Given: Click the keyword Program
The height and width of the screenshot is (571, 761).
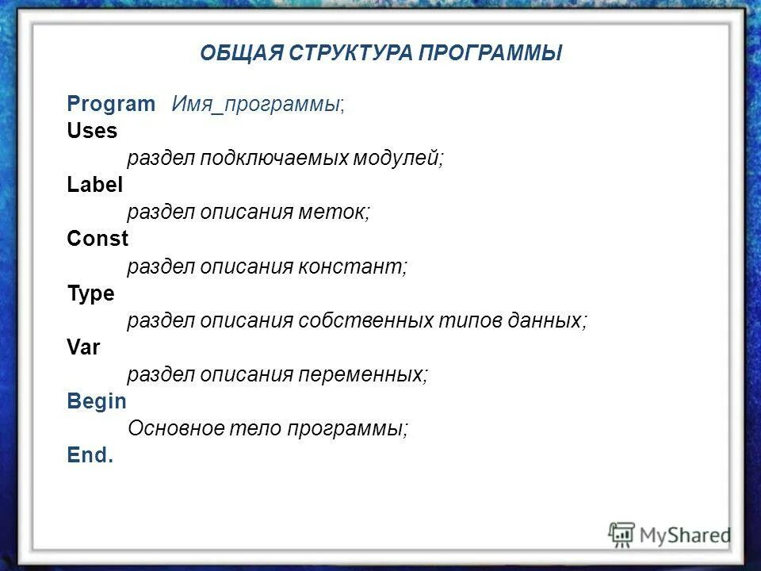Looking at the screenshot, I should pyautogui.click(x=112, y=104).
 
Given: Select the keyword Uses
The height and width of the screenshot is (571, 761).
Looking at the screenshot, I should pyautogui.click(x=92, y=131).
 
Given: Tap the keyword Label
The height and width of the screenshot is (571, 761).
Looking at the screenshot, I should pyautogui.click(x=95, y=185).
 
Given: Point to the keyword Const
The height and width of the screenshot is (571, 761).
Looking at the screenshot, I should pyautogui.click(x=98, y=239).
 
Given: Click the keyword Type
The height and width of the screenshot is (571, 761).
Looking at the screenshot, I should pyautogui.click(x=91, y=293).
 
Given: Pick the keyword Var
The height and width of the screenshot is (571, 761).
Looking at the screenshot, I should pyautogui.click(x=84, y=347).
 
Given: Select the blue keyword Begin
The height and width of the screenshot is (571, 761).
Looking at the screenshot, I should pyautogui.click(x=97, y=400).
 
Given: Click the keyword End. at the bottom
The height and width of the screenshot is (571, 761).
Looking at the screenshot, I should pyautogui.click(x=90, y=455).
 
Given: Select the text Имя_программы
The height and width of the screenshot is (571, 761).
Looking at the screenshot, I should pyautogui.click(x=257, y=105).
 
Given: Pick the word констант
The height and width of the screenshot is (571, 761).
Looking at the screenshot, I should pyautogui.click(x=351, y=266).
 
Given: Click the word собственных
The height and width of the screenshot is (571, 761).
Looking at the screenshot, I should pyautogui.click(x=365, y=320).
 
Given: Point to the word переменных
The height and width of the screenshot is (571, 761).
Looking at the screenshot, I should pyautogui.click(x=361, y=374).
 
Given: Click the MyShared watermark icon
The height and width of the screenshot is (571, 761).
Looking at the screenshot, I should pyautogui.click(x=622, y=535).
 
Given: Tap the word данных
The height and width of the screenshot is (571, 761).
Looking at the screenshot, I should pyautogui.click(x=546, y=320).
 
